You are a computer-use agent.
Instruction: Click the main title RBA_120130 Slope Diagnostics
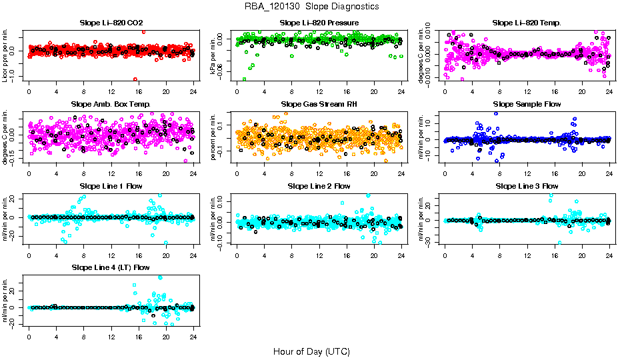tap(312, 7)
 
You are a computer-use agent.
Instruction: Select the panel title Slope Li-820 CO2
tap(111, 23)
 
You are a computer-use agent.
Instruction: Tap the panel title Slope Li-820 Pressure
tap(319, 23)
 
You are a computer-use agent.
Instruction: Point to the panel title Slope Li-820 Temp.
tap(527, 23)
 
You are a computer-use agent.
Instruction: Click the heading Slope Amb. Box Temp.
tap(111, 105)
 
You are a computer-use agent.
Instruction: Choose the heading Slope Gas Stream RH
tap(319, 105)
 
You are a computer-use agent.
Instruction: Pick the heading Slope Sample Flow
tap(527, 105)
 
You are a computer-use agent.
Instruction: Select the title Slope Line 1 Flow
tap(111, 187)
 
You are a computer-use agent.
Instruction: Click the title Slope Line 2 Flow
tap(319, 187)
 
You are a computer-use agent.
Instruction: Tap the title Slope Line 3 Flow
tap(527, 187)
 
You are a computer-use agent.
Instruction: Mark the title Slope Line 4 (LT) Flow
tap(111, 268)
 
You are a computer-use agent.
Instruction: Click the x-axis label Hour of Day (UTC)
tap(311, 351)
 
